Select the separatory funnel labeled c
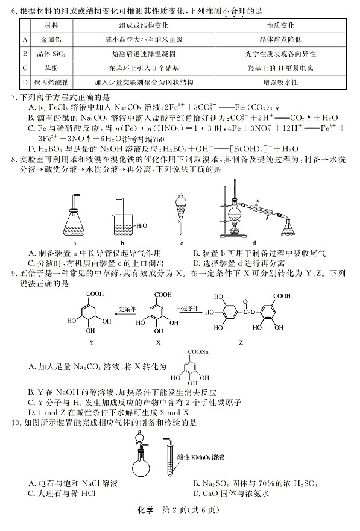181,214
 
